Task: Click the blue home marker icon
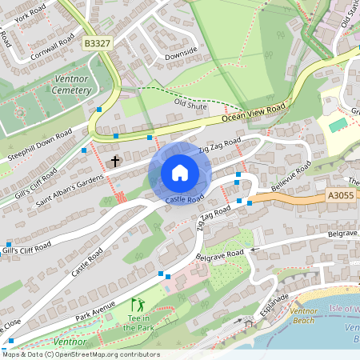180,173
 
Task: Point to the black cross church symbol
115,161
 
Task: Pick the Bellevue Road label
292,173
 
